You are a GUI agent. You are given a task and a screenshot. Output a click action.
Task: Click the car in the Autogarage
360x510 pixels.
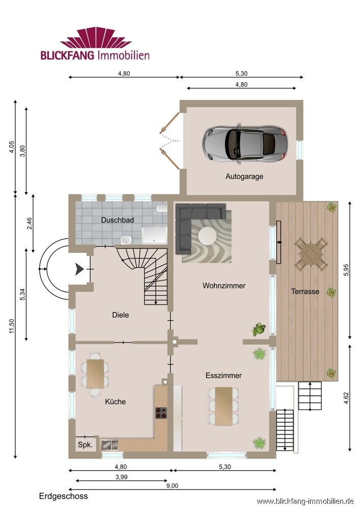[245, 143]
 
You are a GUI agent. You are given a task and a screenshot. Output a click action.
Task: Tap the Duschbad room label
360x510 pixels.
[117, 220]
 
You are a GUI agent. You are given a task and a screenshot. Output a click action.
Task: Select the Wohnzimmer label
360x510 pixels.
[224, 286]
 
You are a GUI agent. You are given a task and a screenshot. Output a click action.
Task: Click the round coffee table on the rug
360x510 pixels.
[208, 236]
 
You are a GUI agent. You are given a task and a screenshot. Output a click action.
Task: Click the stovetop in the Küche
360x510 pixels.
[161, 413]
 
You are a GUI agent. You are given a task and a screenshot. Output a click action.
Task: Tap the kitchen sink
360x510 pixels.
[110, 445]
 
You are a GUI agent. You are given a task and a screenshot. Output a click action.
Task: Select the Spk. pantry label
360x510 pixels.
[85, 445]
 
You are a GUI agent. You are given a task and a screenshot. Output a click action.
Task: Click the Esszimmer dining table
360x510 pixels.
[224, 406]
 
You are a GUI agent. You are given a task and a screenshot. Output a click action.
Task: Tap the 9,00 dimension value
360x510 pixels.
[172, 486]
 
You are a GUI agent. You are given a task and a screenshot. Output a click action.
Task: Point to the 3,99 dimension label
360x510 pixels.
[121, 477]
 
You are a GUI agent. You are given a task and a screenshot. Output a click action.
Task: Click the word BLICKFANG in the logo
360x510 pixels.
[67, 55]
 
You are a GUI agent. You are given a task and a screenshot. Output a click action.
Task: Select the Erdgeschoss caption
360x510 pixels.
[63, 496]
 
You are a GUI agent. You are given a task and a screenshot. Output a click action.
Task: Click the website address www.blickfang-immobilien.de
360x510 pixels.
[305, 501]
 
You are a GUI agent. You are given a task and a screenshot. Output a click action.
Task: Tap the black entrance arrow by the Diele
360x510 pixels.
[80, 269]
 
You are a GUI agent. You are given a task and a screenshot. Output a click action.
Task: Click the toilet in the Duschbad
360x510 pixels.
[161, 208]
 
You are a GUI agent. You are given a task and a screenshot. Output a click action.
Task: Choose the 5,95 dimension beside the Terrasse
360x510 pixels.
[346, 270]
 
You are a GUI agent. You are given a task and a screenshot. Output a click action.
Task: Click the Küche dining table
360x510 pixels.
[95, 374]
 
